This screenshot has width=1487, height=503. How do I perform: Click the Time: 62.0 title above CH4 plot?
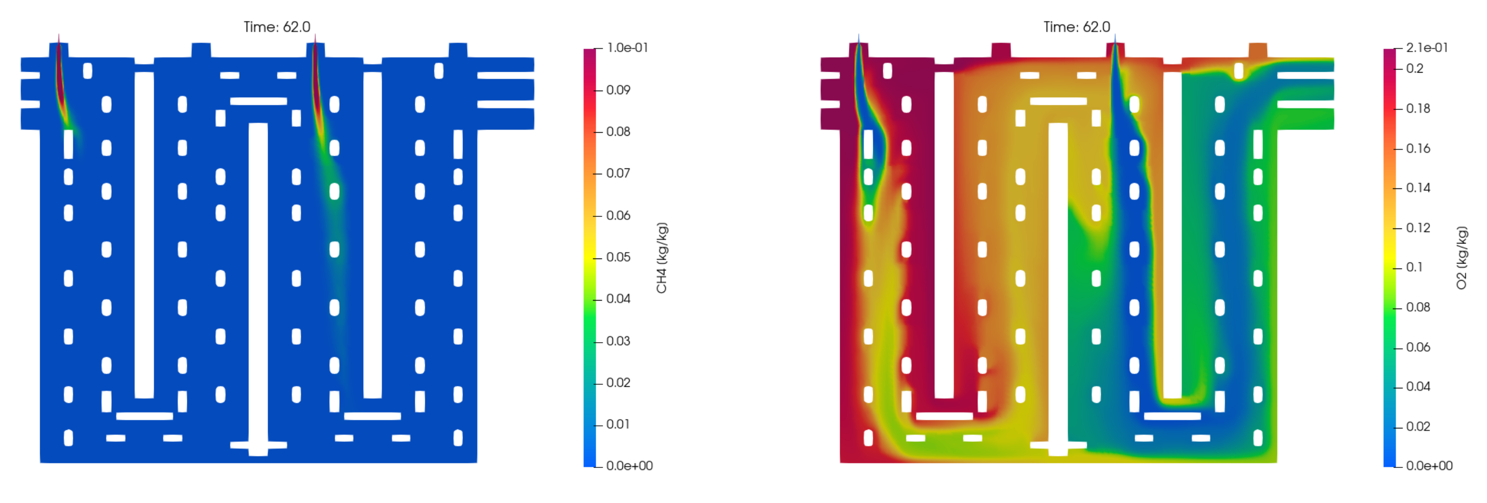[x=277, y=27]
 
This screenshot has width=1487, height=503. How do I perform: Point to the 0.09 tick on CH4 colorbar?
[x=618, y=90]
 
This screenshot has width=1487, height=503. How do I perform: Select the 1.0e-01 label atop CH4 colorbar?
[x=627, y=48]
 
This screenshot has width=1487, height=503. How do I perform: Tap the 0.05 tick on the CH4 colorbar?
[x=618, y=257]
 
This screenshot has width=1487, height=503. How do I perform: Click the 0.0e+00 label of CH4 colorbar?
[x=629, y=465]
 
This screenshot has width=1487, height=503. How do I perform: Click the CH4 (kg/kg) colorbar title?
[x=661, y=258]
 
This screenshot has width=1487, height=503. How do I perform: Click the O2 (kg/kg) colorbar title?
[x=1461, y=258]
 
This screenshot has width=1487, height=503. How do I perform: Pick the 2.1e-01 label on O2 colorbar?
[x=1426, y=48]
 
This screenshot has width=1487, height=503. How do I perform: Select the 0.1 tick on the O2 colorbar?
[x=1414, y=268]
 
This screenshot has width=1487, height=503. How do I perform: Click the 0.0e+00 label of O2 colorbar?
[x=1429, y=465]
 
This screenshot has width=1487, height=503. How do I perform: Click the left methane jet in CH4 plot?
[x=61, y=87]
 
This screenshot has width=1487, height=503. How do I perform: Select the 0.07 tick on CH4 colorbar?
[x=618, y=173]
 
